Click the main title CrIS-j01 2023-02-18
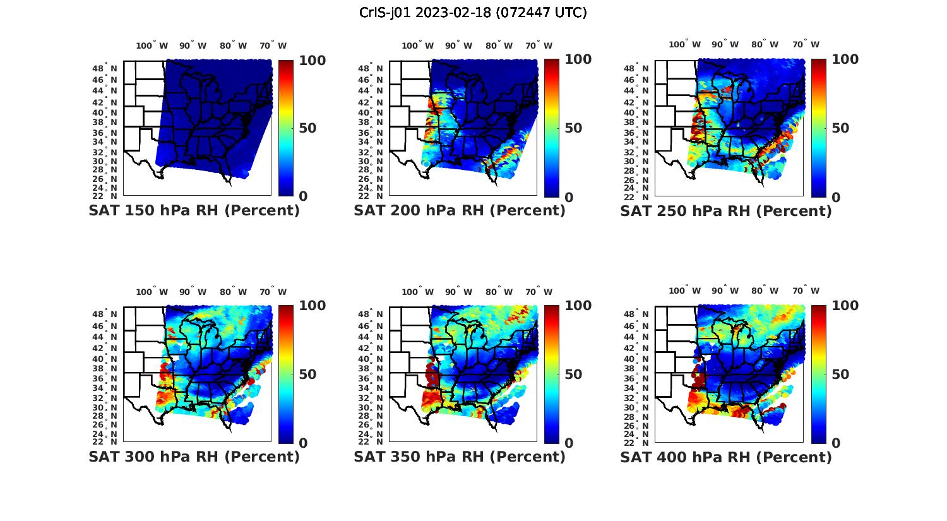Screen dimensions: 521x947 tap(473, 13)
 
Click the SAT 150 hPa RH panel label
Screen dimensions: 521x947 tap(194, 210)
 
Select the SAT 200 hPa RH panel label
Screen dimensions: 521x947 tap(460, 210)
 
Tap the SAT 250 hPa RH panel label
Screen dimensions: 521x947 tap(726, 210)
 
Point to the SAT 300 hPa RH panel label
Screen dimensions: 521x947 tap(194, 456)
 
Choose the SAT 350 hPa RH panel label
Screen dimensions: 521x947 tap(460, 456)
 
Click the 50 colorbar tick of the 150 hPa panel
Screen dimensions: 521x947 tap(307, 128)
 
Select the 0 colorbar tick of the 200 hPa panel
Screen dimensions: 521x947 tap(569, 197)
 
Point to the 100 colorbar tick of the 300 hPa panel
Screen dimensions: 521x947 tap(312, 306)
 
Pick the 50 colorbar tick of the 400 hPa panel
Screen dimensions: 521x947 tap(840, 374)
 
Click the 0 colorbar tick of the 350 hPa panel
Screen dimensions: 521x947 tap(569, 443)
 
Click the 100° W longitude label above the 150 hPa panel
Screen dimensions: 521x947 tap(152, 45)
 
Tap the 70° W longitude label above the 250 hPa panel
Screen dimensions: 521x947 tap(806, 44)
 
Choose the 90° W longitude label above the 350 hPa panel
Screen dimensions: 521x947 tap(458, 292)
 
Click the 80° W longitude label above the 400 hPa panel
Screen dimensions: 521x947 tap(765, 290)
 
